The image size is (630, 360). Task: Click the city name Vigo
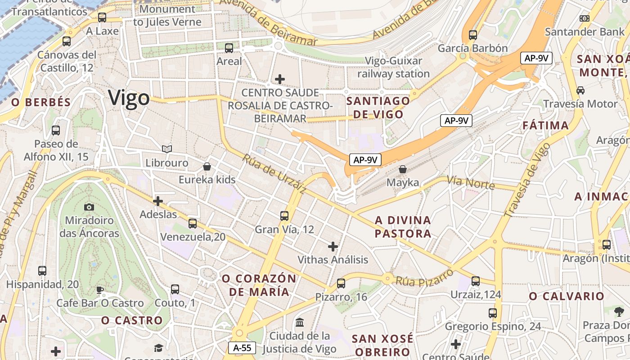coord(129,98)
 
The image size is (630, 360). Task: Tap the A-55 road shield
coord(242,347)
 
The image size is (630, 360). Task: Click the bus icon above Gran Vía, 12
coord(284,216)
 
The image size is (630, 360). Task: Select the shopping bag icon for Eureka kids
coord(207,167)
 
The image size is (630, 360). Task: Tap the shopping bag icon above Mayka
coord(403,169)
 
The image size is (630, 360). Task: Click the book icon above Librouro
coord(167,149)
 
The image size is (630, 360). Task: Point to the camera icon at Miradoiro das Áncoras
coord(89,207)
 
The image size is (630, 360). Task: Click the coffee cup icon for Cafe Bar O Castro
coord(100,289)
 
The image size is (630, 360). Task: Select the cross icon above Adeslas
coord(158,201)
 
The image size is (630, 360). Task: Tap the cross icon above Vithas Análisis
coord(333,246)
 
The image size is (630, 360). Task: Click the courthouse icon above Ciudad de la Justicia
coord(299,322)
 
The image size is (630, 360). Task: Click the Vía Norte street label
coord(470,183)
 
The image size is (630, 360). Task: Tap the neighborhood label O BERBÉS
coord(41,102)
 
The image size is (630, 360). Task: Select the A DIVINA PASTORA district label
coord(403,227)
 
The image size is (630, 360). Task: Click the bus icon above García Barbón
coord(472,35)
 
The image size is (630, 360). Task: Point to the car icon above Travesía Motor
coord(580,90)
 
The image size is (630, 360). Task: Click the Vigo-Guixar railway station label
coord(394,67)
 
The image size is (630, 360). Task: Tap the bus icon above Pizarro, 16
coord(341,283)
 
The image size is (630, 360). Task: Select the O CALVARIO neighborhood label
coord(566,296)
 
